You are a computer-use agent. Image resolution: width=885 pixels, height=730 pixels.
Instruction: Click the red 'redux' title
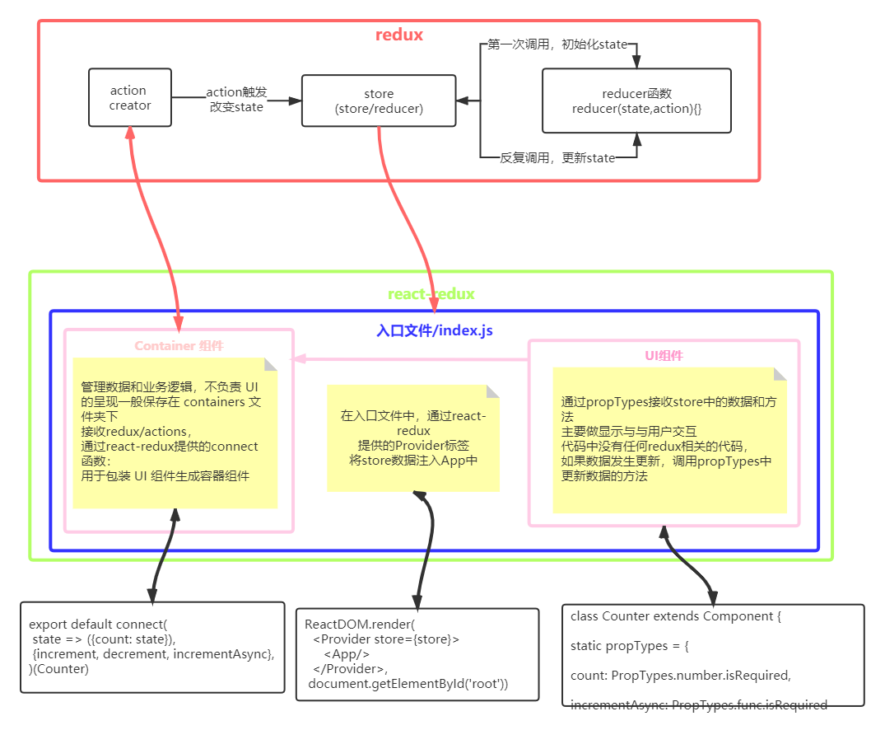399,35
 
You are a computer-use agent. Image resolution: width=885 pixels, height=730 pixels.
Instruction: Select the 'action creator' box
130,97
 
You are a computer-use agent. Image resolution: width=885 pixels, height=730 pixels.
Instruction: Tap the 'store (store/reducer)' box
379,101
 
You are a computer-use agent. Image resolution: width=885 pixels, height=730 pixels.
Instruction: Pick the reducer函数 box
636,101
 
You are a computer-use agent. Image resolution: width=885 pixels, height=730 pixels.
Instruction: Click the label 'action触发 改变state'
236,100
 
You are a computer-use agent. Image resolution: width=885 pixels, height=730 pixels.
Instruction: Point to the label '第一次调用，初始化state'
557,44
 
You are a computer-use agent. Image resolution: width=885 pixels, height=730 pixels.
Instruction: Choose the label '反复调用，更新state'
557,157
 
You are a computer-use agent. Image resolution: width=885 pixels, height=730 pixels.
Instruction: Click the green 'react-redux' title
431,294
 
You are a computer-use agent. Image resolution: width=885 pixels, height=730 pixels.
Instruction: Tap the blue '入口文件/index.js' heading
435,330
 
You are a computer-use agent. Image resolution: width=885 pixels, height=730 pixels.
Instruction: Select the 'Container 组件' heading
179,346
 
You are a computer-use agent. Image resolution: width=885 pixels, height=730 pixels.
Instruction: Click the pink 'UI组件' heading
664,356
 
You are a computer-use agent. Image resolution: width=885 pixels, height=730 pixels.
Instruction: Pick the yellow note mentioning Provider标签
413,438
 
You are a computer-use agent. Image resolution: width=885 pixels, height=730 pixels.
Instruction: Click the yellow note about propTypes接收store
669,440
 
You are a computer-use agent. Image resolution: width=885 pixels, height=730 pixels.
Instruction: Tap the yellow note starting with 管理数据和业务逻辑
175,433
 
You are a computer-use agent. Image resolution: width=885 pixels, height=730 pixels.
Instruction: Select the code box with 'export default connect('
152,647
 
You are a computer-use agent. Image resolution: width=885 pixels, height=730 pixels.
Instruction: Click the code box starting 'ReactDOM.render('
417,654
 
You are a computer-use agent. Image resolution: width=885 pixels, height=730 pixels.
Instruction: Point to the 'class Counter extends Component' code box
713,654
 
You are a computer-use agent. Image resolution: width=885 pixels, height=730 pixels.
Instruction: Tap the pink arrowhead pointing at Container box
300,359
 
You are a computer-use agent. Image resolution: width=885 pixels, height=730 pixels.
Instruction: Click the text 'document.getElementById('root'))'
408,684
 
